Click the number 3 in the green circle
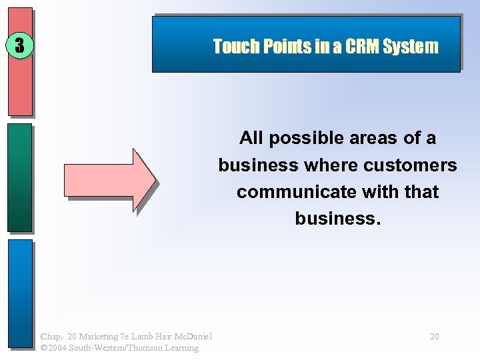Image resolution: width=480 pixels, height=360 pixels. tap(19, 45)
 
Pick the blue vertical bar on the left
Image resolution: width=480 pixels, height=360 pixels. tap(19, 293)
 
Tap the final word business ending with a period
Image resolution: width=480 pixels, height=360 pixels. tap(337, 219)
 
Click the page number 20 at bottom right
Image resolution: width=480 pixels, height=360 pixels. tap(434, 337)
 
